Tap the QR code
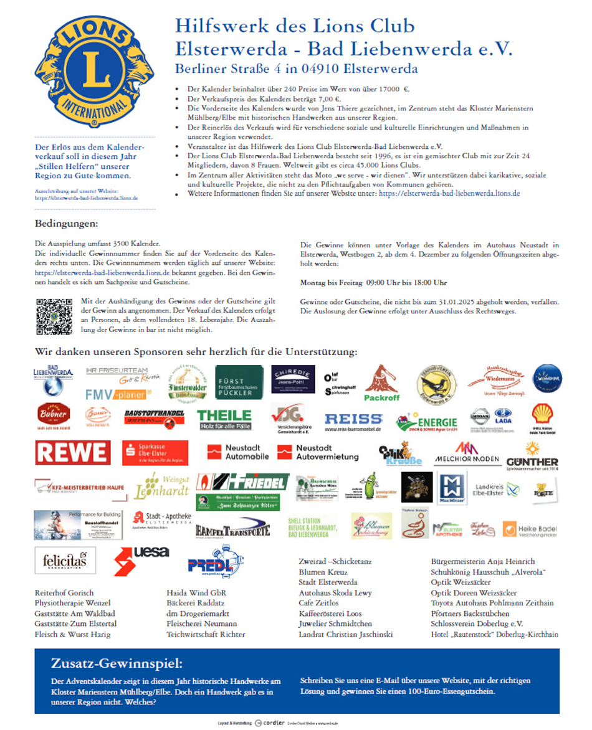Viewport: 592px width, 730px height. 54,316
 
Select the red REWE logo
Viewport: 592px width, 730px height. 73,452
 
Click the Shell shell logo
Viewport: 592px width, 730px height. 542,414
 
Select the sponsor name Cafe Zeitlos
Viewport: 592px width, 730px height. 319,603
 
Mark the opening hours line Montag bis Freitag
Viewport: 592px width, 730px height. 373,283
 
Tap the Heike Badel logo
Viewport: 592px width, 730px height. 528,529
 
